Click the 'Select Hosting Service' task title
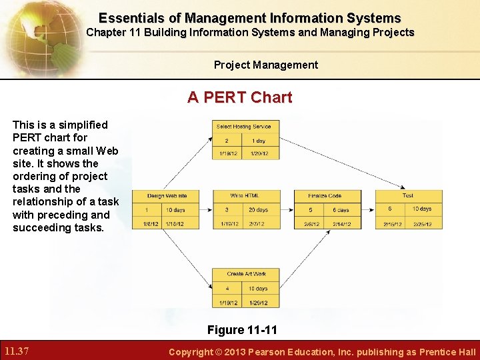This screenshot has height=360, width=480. tap(243, 127)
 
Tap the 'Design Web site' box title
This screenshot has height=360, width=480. tap(167, 196)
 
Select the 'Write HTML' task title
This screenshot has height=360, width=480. tap(245, 196)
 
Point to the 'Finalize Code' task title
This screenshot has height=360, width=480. tap(325, 196)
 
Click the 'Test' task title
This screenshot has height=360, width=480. tap(407, 196)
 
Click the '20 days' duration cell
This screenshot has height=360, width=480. tap(258, 210)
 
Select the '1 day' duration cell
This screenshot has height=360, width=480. tap(259, 141)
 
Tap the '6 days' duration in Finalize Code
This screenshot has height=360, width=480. tap(340, 210)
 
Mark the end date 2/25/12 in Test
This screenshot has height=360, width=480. tap(422, 224)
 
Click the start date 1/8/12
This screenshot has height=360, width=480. tap(150, 224)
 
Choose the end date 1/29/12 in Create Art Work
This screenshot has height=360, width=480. tap(258, 303)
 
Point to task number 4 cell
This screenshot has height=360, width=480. tap(227, 289)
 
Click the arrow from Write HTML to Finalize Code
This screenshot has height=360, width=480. tap(287, 209)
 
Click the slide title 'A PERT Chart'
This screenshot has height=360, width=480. tap(240, 97)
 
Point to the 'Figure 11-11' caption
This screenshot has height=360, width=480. tap(242, 330)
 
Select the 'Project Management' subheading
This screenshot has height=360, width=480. tap(266, 65)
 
